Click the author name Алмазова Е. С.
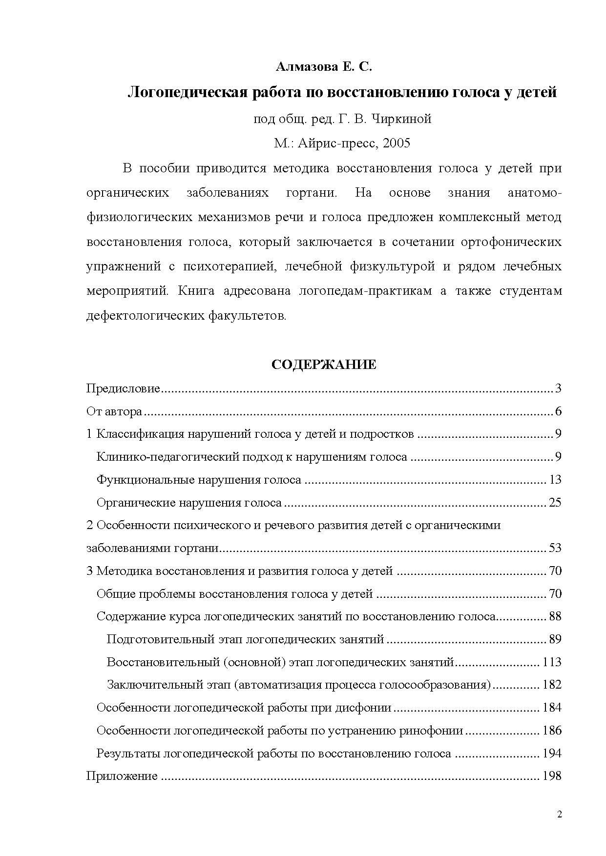pos(324,67)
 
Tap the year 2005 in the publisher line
pos(397,143)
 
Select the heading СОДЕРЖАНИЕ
pos(324,365)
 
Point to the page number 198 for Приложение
pos(552,775)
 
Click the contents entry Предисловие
pos(123,388)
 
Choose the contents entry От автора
pos(114,411)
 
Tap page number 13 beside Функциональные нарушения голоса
pos(555,480)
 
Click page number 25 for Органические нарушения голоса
pos(555,502)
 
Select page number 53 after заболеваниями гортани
pos(555,548)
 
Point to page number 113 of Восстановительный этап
pos(552,662)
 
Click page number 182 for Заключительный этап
pos(552,684)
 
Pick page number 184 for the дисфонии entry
pos(552,707)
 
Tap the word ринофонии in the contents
pos(431,730)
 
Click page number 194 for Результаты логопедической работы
pos(552,753)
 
